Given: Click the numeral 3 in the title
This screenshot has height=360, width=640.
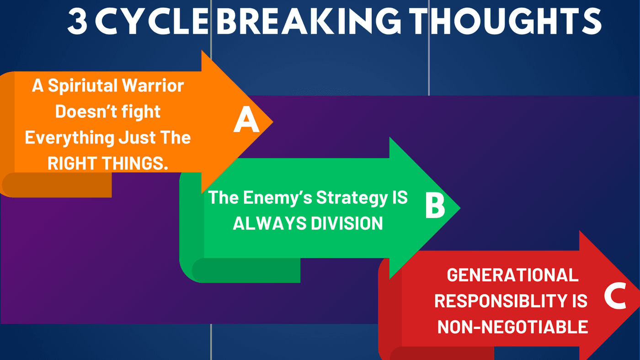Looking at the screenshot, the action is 77,21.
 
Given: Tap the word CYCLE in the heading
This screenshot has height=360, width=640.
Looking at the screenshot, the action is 152,21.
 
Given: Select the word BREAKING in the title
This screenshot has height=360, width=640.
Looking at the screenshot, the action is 309,21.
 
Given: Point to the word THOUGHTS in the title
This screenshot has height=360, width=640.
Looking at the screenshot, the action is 506,21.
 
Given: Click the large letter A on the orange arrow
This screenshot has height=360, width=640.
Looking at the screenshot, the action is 246,119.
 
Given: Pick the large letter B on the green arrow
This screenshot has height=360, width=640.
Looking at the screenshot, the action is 435,205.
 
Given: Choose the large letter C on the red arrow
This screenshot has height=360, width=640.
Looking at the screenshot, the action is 615,296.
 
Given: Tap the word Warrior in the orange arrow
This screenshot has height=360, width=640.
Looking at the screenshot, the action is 153,85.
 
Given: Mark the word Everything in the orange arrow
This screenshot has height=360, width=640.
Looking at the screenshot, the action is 69,138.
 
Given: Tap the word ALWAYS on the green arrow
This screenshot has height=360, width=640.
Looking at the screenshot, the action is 270,223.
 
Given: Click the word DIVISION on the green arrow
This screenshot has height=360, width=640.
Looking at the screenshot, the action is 347,223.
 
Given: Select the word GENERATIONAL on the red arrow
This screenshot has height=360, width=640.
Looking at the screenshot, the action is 512,275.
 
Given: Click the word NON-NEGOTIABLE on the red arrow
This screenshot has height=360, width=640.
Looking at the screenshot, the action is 512,327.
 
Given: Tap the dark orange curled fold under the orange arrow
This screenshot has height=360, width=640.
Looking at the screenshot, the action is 57,185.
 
